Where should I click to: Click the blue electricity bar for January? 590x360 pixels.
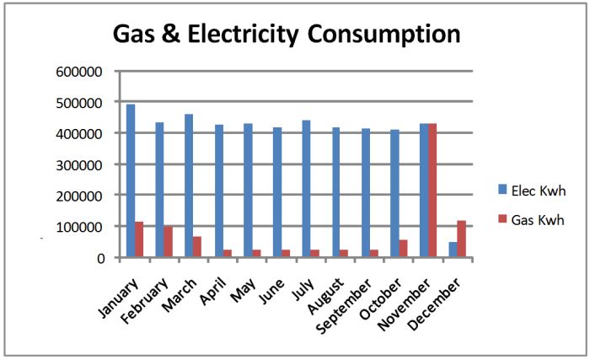point(131,180)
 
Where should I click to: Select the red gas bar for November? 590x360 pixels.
point(432,191)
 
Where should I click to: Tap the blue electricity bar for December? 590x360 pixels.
point(453,250)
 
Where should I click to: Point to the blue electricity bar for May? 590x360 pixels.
point(248,194)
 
